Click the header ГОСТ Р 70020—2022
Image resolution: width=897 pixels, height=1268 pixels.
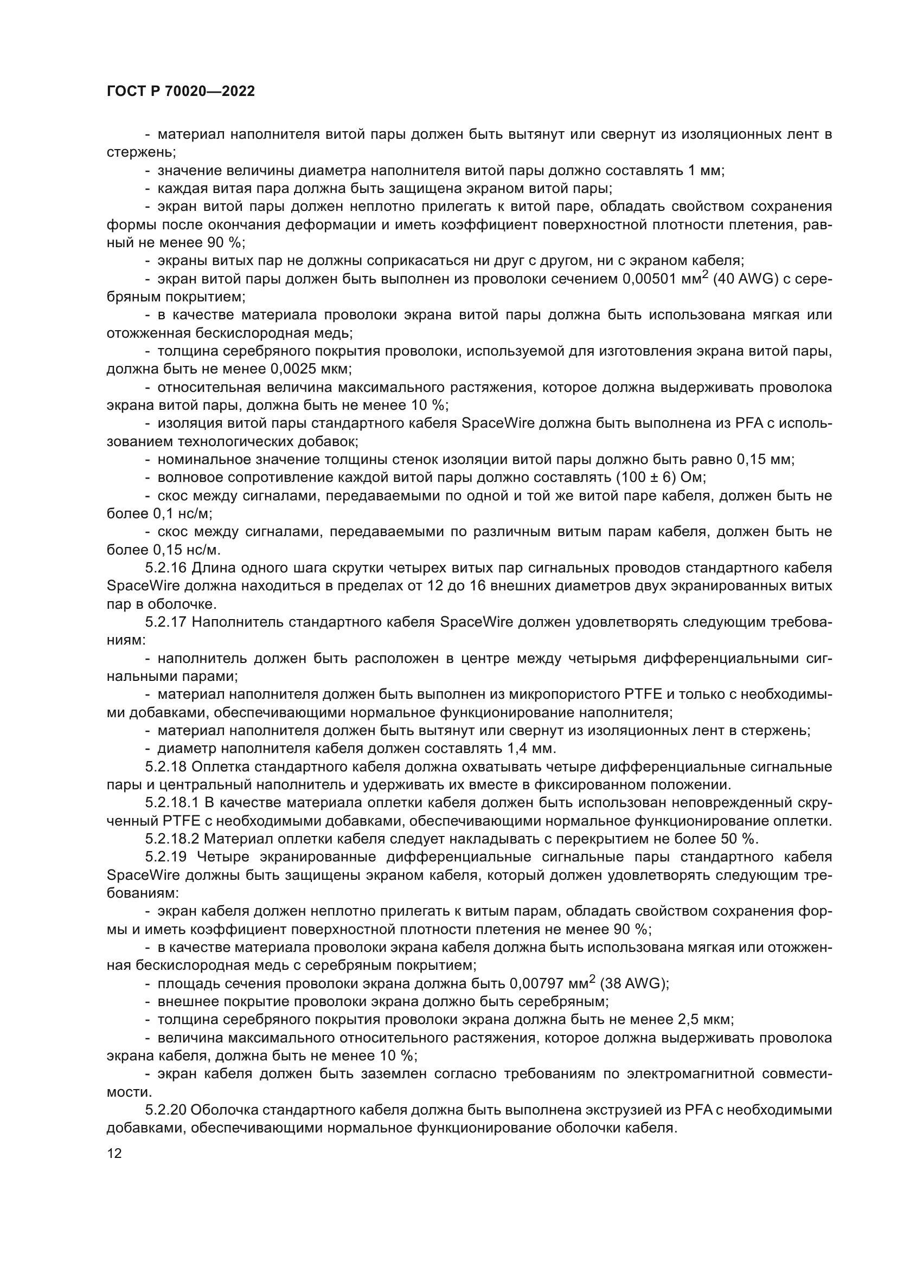(181, 92)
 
